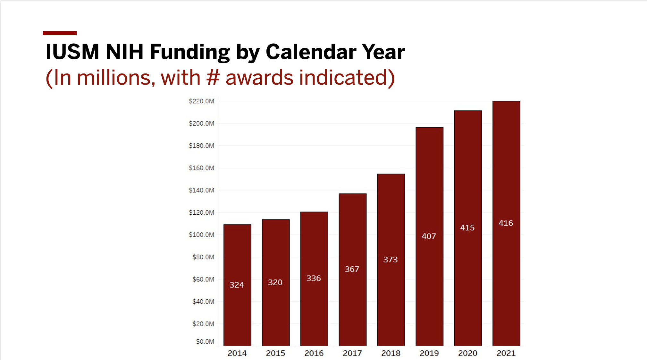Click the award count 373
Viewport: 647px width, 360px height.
point(391,260)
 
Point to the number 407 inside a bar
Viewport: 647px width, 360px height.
point(429,236)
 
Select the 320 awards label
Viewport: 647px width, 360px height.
point(275,282)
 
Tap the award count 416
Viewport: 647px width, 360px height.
point(506,223)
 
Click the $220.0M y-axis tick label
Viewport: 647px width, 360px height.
point(201,101)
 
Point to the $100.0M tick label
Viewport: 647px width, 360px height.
point(201,235)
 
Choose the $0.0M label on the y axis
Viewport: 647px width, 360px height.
point(205,341)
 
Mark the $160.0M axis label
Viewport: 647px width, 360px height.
point(201,168)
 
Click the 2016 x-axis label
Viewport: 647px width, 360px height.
point(314,353)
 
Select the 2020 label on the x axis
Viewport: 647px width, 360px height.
point(468,353)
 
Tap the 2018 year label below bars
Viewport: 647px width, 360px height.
point(391,353)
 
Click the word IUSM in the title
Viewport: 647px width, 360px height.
point(72,52)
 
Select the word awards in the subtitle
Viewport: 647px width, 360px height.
point(259,78)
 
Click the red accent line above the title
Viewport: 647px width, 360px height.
point(60,33)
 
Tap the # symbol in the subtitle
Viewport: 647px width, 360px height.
point(213,78)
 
